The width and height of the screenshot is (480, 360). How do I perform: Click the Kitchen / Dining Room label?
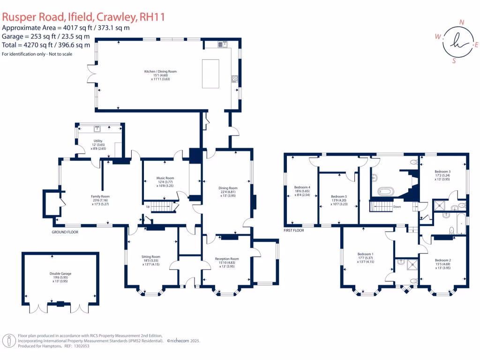[x=160, y=71]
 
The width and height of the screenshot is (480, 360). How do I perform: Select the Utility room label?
[x=98, y=141]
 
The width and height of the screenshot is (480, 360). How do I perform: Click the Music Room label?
[x=165, y=178]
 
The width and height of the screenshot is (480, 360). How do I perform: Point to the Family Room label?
[x=100, y=196]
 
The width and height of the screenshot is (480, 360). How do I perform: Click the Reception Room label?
[x=227, y=259]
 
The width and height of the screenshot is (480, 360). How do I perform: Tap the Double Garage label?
[x=60, y=273]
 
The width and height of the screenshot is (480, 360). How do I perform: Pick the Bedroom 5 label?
[x=338, y=196]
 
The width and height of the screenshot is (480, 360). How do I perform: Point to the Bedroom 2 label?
[x=442, y=260]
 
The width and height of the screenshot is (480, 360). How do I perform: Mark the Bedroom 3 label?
[x=442, y=172]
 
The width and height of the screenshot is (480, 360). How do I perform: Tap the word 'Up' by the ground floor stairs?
[x=149, y=206]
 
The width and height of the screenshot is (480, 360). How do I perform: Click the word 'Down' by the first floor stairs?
[x=396, y=206]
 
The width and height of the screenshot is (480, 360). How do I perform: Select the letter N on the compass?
[x=462, y=22]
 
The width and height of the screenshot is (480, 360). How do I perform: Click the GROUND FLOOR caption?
[x=65, y=232]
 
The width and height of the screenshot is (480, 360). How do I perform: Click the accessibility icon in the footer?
[x=8, y=341]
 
